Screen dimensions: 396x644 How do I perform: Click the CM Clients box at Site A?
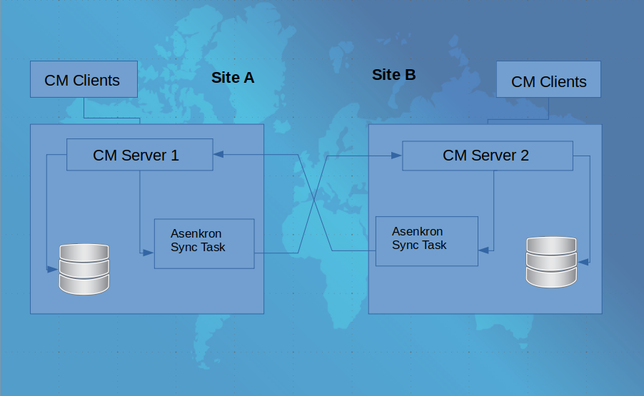[84, 79]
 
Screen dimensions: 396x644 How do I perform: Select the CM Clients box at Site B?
[548, 80]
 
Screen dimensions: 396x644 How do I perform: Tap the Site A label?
[233, 78]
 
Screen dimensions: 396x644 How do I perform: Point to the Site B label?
[393, 74]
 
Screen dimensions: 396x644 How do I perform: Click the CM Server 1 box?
[139, 155]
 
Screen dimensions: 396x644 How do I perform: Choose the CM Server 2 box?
[487, 155]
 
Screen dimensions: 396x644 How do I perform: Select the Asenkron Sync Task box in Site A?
[204, 243]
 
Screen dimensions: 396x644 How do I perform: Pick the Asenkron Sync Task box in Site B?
[427, 241]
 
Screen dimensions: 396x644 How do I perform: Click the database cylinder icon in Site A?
[84, 269]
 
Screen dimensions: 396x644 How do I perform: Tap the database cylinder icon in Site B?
[550, 262]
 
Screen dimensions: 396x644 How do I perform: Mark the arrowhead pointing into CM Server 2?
[396, 154]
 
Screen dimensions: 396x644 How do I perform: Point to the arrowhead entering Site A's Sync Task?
[149, 253]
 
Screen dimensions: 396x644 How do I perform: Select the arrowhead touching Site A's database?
[53, 269]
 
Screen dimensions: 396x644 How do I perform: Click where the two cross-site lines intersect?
[313, 202]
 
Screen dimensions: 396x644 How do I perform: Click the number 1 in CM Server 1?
[174, 155]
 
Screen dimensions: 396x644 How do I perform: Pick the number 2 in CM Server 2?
[524, 155]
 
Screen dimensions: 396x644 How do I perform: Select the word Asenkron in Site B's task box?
[418, 232]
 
